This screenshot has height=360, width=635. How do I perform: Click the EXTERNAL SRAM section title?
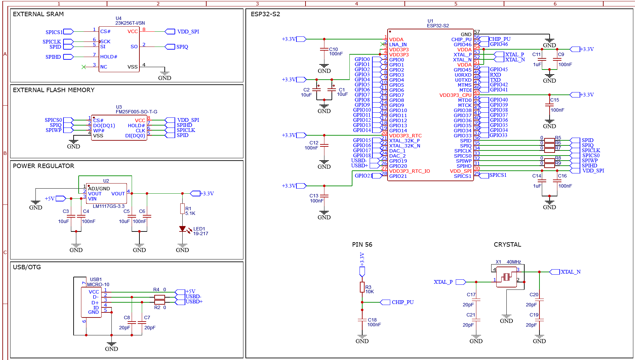pyautogui.click(x=38, y=14)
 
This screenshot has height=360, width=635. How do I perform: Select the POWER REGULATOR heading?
pyautogui.click(x=44, y=166)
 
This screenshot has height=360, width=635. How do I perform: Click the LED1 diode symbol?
pyautogui.click(x=183, y=229)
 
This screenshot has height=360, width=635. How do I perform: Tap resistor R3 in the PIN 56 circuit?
pyautogui.click(x=362, y=287)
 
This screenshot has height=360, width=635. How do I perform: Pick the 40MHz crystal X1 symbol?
pyautogui.click(x=506, y=277)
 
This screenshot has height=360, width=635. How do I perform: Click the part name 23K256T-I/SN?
pyautogui.click(x=130, y=23)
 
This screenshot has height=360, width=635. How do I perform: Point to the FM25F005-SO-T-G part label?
pyautogui.click(x=136, y=112)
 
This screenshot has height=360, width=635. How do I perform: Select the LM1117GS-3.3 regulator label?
pyautogui.click(x=109, y=206)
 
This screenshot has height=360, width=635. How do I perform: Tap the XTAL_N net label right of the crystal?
pyautogui.click(x=571, y=272)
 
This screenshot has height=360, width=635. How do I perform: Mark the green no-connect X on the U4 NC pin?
pyautogui.click(x=84, y=67)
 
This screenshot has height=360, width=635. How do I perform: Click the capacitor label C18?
pyautogui.click(x=372, y=320)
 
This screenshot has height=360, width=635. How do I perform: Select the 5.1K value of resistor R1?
pyautogui.click(x=190, y=213)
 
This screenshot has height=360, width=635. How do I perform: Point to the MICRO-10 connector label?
pyautogui.click(x=98, y=284)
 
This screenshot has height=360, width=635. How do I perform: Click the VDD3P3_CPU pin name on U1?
pyautogui.click(x=455, y=95)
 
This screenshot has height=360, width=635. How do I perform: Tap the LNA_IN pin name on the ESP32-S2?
pyautogui.click(x=398, y=45)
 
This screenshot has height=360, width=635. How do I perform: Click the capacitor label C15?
pyautogui.click(x=555, y=100)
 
